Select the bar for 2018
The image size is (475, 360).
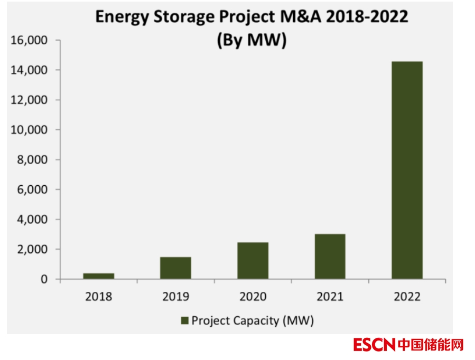pyautogui.click(x=98, y=276)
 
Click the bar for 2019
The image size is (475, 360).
pyautogui.click(x=175, y=268)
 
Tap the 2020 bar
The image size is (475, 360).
pyautogui.click(x=253, y=260)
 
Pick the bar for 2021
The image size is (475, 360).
pyautogui.click(x=330, y=256)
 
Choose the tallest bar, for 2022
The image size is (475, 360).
pyautogui.click(x=407, y=170)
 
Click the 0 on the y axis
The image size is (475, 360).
pyautogui.click(x=43, y=279)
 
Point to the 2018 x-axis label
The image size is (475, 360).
pyautogui.click(x=98, y=297)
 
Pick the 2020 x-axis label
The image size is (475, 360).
pyautogui.click(x=253, y=297)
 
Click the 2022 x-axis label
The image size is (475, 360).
pyautogui.click(x=407, y=297)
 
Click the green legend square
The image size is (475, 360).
pyautogui.click(x=184, y=320)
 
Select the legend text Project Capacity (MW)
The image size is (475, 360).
pyautogui.click(x=253, y=320)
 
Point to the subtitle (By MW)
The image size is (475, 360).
pyautogui.click(x=252, y=40)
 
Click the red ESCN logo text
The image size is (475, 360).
pyautogui.click(x=374, y=345)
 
